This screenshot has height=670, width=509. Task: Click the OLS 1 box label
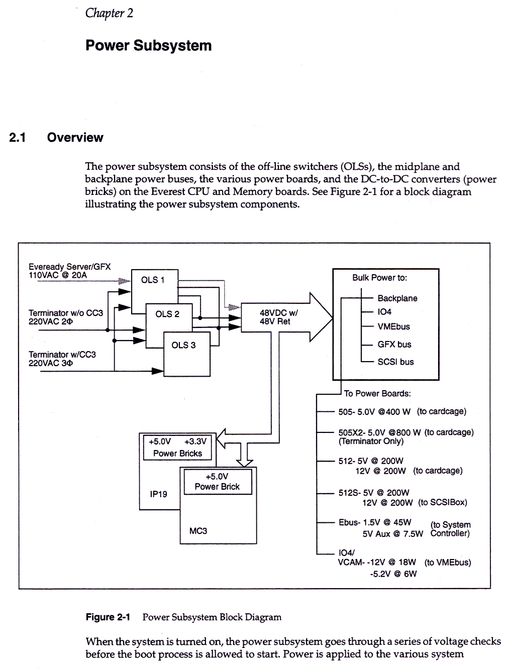tap(153, 280)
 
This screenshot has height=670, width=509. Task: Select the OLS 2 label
tap(167, 314)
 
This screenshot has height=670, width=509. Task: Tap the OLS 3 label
tap(183, 345)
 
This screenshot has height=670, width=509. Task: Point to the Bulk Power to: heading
tap(379, 278)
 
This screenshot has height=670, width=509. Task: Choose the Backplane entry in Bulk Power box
tap(397, 298)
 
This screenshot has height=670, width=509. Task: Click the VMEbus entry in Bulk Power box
tap(393, 326)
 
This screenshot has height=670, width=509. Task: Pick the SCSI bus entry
tap(395, 362)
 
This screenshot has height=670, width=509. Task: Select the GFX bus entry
tap(394, 345)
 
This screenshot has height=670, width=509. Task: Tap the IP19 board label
tap(158, 494)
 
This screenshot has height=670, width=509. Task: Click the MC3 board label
tap(198, 531)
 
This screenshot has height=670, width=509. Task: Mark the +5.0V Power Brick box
tap(218, 482)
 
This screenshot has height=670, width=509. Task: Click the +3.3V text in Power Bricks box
tap(195, 441)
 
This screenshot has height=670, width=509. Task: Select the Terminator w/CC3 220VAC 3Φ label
tap(62, 359)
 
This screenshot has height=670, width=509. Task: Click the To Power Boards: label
tap(377, 394)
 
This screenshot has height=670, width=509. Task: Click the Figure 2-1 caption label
tap(108, 617)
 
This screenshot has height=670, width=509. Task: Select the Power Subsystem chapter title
tap(148, 46)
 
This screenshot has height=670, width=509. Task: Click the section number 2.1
tap(18, 138)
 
